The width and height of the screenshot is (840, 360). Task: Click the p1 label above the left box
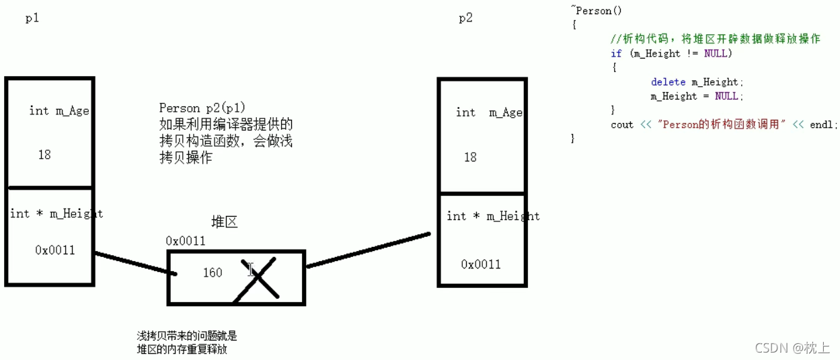point(32,19)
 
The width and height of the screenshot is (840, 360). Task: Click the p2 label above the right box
point(465,18)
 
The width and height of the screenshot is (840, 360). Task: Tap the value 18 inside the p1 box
point(44,155)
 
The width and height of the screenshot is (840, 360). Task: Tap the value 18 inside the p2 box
point(470,157)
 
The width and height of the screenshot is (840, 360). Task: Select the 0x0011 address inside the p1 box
point(55,250)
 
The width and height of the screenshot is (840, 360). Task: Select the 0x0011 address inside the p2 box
point(481,264)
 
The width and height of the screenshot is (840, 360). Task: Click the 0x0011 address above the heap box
point(186,241)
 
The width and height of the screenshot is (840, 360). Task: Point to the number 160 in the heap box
point(213,273)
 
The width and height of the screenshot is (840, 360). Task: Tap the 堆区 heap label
point(225,222)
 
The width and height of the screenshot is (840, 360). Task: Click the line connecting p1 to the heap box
point(135,263)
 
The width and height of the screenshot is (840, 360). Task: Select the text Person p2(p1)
point(202,108)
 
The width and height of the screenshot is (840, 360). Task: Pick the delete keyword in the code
point(668,82)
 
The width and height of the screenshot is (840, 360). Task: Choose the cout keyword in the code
point(622,124)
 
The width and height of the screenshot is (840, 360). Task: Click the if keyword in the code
point(616,54)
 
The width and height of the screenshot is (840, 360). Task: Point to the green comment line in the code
point(715,39)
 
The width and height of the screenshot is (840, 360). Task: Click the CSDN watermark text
point(771,347)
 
